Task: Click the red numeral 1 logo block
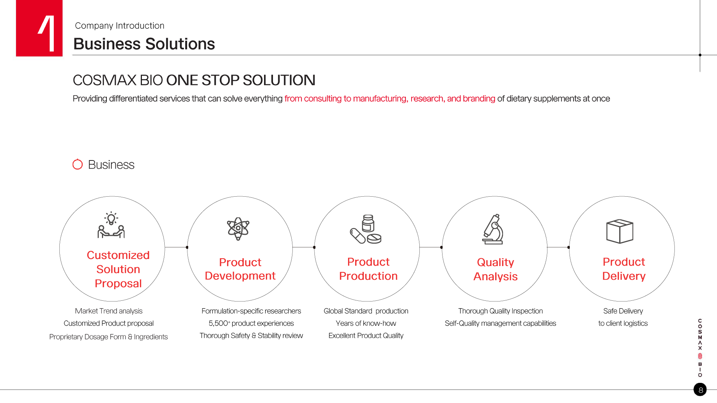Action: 39,28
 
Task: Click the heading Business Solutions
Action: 144,44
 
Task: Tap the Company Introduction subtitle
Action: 119,26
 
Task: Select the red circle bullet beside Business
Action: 78,164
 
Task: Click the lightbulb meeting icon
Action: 111,225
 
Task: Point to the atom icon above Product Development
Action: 238,228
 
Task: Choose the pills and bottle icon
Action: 366,229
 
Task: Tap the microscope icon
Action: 493,229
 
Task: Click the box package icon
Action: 620,231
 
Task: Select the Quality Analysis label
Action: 496,269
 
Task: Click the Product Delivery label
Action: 624,269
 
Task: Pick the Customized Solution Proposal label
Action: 118,269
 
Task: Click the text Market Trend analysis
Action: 109,311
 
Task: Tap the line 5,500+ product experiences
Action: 251,324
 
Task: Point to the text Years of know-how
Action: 366,324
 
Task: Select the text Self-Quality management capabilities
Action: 500,324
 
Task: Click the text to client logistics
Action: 623,324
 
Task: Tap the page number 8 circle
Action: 700,390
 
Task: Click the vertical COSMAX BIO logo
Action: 700,348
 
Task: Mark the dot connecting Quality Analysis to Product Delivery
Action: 569,247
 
